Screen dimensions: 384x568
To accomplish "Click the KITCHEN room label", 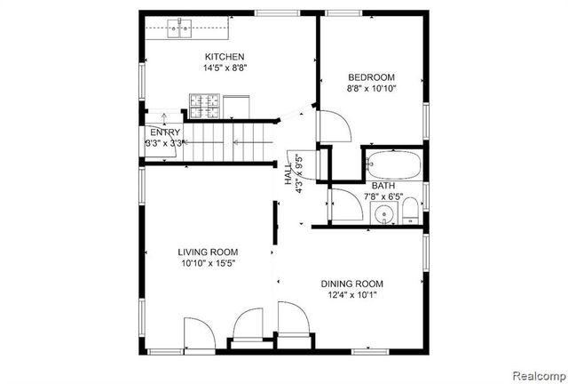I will pyautogui.click(x=225, y=56).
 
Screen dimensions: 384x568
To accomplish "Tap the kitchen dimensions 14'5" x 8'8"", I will pyautogui.click(x=225, y=68).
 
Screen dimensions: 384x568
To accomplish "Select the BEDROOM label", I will pyautogui.click(x=371, y=77).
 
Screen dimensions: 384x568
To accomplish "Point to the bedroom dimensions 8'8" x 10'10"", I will pyautogui.click(x=371, y=89).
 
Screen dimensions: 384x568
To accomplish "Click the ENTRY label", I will pyautogui.click(x=164, y=132).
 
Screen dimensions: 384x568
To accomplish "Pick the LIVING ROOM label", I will pyautogui.click(x=208, y=252).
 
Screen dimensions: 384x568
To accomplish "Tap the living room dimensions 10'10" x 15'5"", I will pyautogui.click(x=208, y=263).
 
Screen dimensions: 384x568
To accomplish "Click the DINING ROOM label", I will pyautogui.click(x=352, y=284).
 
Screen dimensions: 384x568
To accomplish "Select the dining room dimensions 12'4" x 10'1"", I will pyautogui.click(x=352, y=295).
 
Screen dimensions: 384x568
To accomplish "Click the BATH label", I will pyautogui.click(x=383, y=185).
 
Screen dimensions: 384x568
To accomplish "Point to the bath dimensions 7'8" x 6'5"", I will pyautogui.click(x=383, y=196).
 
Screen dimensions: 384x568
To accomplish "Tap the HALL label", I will pyautogui.click(x=288, y=174).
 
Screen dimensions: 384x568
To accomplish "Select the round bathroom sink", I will pyautogui.click(x=383, y=213).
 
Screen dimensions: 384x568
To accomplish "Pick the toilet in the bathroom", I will pyautogui.click(x=410, y=212).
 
